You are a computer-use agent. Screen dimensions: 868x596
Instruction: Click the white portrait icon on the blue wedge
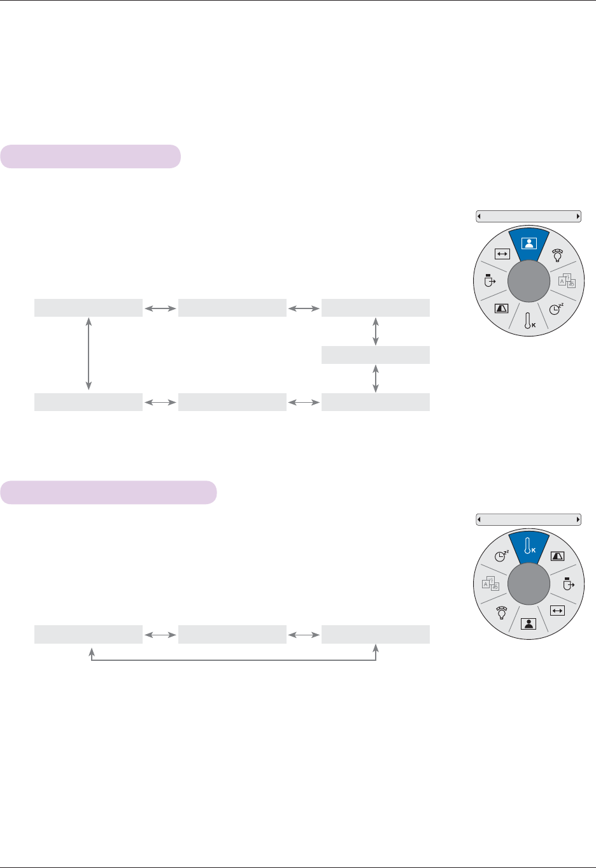[529, 243]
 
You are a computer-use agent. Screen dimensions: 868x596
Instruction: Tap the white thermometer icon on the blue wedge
[528, 546]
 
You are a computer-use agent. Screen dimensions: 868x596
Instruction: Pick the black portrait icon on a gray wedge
[528, 624]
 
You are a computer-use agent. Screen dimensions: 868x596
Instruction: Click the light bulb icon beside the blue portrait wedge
[557, 256]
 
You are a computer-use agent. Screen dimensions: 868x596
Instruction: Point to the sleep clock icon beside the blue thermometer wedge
[502, 555]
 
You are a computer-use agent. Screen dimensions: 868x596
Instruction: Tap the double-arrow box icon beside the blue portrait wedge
[502, 253]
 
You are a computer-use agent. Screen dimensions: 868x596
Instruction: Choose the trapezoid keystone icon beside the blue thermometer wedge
[557, 556]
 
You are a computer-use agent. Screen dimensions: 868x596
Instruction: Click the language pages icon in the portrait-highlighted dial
[567, 280]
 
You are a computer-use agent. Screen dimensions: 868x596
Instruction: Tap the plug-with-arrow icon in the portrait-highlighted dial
[490, 280]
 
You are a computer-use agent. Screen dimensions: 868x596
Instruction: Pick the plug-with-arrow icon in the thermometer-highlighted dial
[568, 583]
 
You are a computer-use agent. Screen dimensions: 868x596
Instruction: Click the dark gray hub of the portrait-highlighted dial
[529, 281]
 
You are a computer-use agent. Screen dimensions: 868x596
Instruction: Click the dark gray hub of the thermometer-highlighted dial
[529, 584]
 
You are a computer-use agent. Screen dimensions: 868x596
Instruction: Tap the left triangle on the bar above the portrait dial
[479, 217]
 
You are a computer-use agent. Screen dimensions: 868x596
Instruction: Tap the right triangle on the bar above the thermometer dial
[578, 519]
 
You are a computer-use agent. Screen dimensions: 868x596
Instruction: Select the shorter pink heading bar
[90, 157]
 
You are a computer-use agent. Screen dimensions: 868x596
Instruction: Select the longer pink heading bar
[108, 493]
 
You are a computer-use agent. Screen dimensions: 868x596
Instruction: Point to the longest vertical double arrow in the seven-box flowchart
[89, 354]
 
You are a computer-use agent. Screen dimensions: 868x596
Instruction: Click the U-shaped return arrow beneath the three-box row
[234, 659]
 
